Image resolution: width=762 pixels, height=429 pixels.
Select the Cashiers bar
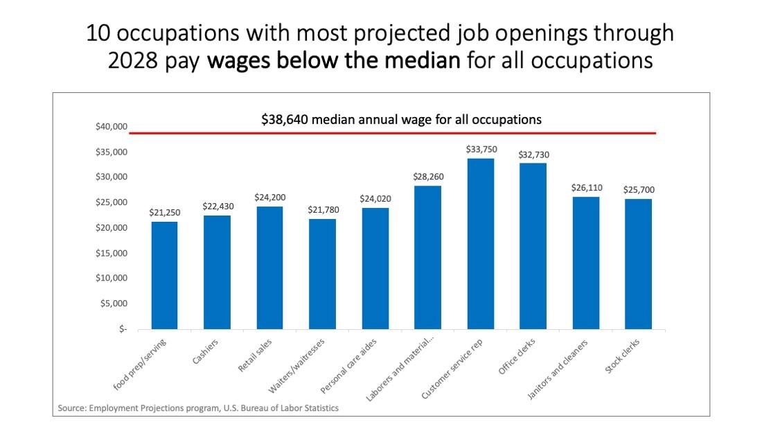pos(217,272)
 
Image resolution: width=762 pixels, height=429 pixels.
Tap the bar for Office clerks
pos(533,246)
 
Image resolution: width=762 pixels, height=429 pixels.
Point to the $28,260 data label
pos(427,177)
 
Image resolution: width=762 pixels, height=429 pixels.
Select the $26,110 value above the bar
pos(585,188)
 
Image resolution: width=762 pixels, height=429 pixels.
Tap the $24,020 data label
pos(375,198)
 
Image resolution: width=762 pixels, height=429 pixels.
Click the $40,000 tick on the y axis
pos(112,127)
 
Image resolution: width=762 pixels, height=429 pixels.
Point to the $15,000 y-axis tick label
pos(112,253)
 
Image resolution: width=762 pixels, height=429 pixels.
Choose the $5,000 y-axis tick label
pos(114,304)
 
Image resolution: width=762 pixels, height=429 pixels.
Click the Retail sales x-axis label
pos(255,355)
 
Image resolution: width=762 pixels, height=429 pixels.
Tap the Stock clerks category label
pos(623,356)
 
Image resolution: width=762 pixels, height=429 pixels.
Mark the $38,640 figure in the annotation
pos(285,119)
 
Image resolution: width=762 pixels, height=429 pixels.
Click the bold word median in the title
pos(420,60)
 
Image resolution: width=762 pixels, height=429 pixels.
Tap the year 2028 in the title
pos(131,60)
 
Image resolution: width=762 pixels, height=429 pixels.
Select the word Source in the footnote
pos(71,408)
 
